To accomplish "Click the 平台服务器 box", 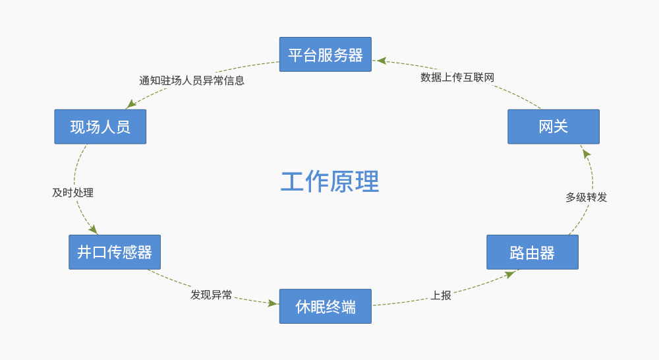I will (x=325, y=55).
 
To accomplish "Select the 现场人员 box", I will (x=100, y=127).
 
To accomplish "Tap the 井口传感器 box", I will (x=115, y=252).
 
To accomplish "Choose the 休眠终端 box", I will (x=325, y=307).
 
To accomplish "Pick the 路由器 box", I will (x=532, y=253).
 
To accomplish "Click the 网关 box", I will (x=553, y=127).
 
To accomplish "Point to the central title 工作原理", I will (x=329, y=182).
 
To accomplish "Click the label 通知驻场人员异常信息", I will (x=192, y=80).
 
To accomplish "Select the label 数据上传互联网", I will (x=457, y=77).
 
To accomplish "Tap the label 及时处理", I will (x=72, y=193).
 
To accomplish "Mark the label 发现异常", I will (x=211, y=295).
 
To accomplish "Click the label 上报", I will (x=441, y=295).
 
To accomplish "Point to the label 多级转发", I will (x=586, y=197).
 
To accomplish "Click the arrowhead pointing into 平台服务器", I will (x=381, y=61).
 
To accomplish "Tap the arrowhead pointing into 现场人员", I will (x=130, y=104).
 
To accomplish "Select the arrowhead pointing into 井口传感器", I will (x=94, y=229).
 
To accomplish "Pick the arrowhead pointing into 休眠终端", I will (x=273, y=303).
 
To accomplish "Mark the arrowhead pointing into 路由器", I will (x=510, y=274).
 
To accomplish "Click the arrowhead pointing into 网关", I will (x=586, y=153).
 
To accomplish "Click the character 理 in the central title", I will (x=367, y=182).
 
